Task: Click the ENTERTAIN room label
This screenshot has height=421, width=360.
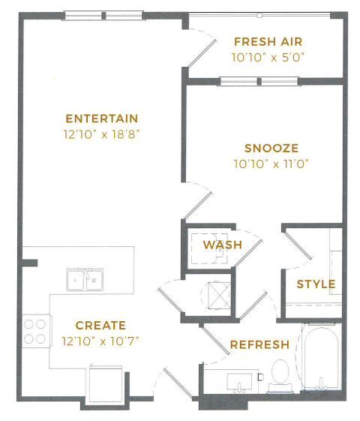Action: pyautogui.click(x=102, y=119)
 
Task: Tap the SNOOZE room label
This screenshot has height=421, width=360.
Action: pyautogui.click(x=271, y=149)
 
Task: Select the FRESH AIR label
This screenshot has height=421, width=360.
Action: pyautogui.click(x=268, y=42)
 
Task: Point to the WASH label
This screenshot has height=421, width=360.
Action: pyautogui.click(x=223, y=245)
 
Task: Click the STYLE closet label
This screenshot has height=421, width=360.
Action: pyautogui.click(x=316, y=284)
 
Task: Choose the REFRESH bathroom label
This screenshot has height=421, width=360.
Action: pyautogui.click(x=259, y=345)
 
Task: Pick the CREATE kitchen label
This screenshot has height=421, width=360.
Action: pyautogui.click(x=101, y=326)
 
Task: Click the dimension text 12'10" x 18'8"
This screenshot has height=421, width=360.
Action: pyautogui.click(x=102, y=135)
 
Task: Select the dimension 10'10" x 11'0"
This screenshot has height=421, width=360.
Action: pyautogui.click(x=271, y=163)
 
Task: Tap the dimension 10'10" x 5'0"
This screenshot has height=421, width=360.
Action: pyautogui.click(x=268, y=56)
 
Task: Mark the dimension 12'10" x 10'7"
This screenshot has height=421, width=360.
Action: pyautogui.click(x=101, y=341)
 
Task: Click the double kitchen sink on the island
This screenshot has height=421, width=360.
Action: pyautogui.click(x=84, y=280)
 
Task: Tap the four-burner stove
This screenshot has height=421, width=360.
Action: pyautogui.click(x=34, y=331)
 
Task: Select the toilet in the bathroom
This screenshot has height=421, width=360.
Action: pyautogui.click(x=280, y=372)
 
